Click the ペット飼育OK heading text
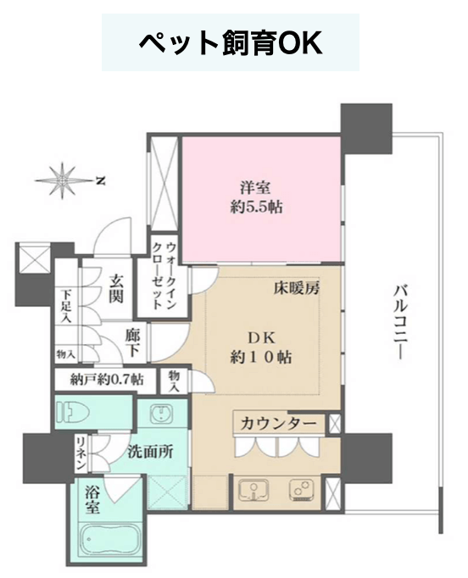point(231,42)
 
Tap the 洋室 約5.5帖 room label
point(256,198)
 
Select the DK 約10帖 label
point(261,347)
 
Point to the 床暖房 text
point(296,288)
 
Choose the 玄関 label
point(116,289)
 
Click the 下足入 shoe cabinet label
point(66,306)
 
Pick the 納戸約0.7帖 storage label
point(107,380)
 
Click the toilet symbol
point(73,412)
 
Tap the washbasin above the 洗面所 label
point(160,412)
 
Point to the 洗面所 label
point(150,453)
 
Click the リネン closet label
point(81,453)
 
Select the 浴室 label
point(92,500)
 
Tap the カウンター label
point(278,424)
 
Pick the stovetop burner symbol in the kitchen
point(302,490)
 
